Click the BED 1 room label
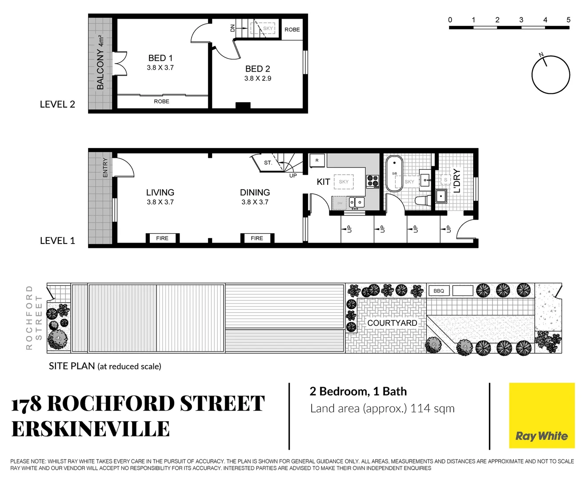coord(160,58)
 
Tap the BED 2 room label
coord(257,69)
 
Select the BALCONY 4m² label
coord(100,62)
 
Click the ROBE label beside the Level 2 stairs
coord(292,30)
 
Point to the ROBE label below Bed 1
coord(161,101)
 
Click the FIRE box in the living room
coord(162,238)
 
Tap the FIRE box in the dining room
coord(257,238)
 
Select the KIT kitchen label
coord(323,182)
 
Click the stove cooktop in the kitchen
coord(373,181)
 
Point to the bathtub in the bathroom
coord(394,173)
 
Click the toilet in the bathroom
coord(422,200)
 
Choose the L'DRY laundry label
coord(457,180)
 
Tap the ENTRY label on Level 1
coord(105,168)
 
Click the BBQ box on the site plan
coord(439,291)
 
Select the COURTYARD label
coord(392,323)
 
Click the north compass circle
coord(551,75)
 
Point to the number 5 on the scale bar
coord(568,20)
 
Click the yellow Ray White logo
coord(541,416)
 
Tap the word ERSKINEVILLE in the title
coord(91,429)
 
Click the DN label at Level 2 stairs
coord(232,28)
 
